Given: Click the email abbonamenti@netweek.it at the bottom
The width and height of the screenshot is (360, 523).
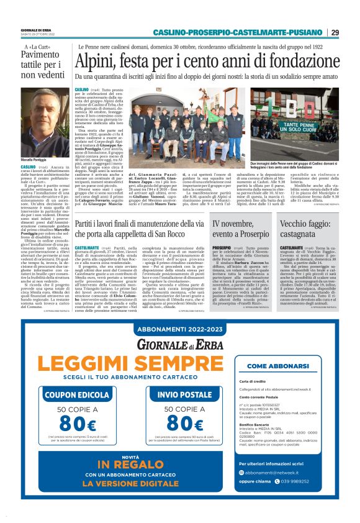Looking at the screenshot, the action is [291, 489].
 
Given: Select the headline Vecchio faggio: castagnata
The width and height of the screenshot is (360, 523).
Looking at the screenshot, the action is [298, 227].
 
